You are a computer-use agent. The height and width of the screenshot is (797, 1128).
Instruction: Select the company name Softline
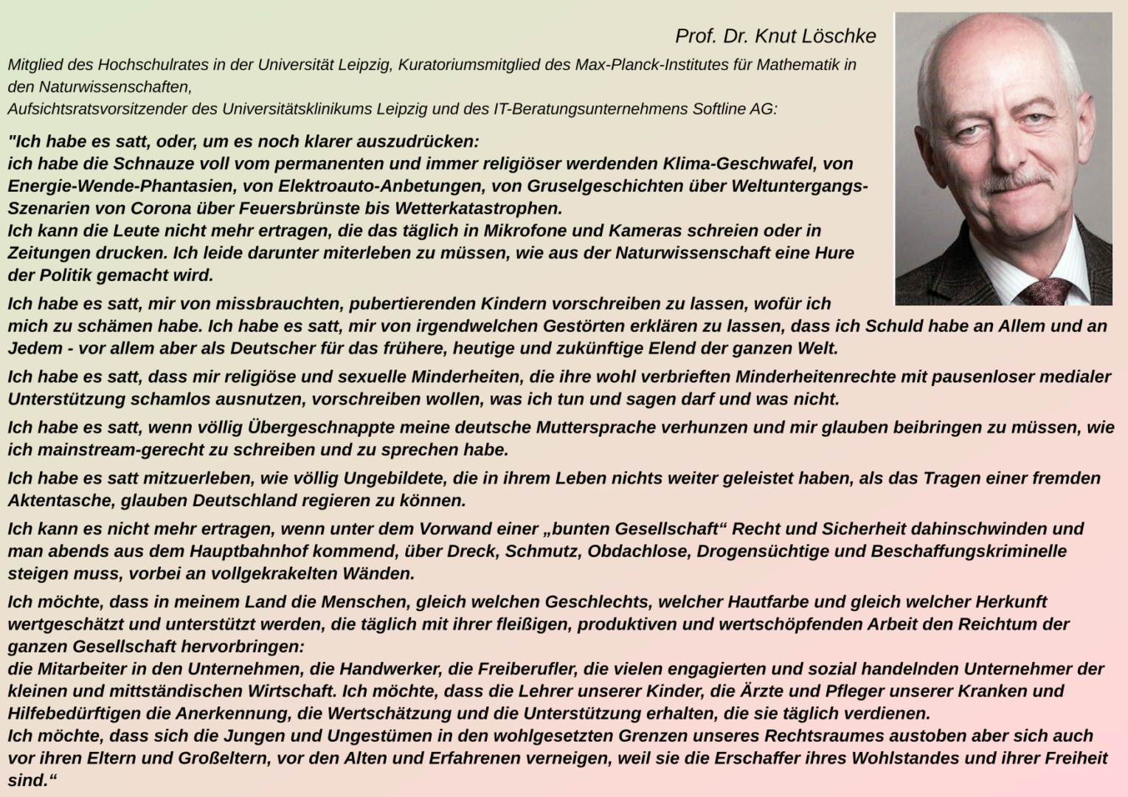[719, 109]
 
